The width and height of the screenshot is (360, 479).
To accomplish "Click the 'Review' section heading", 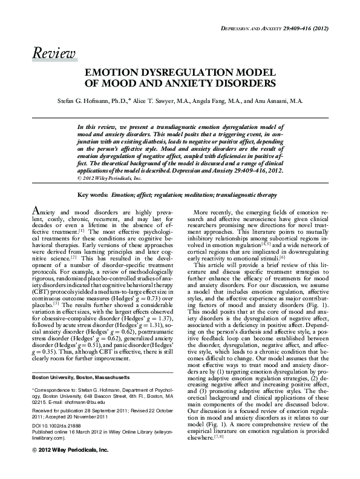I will pos(54,53).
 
